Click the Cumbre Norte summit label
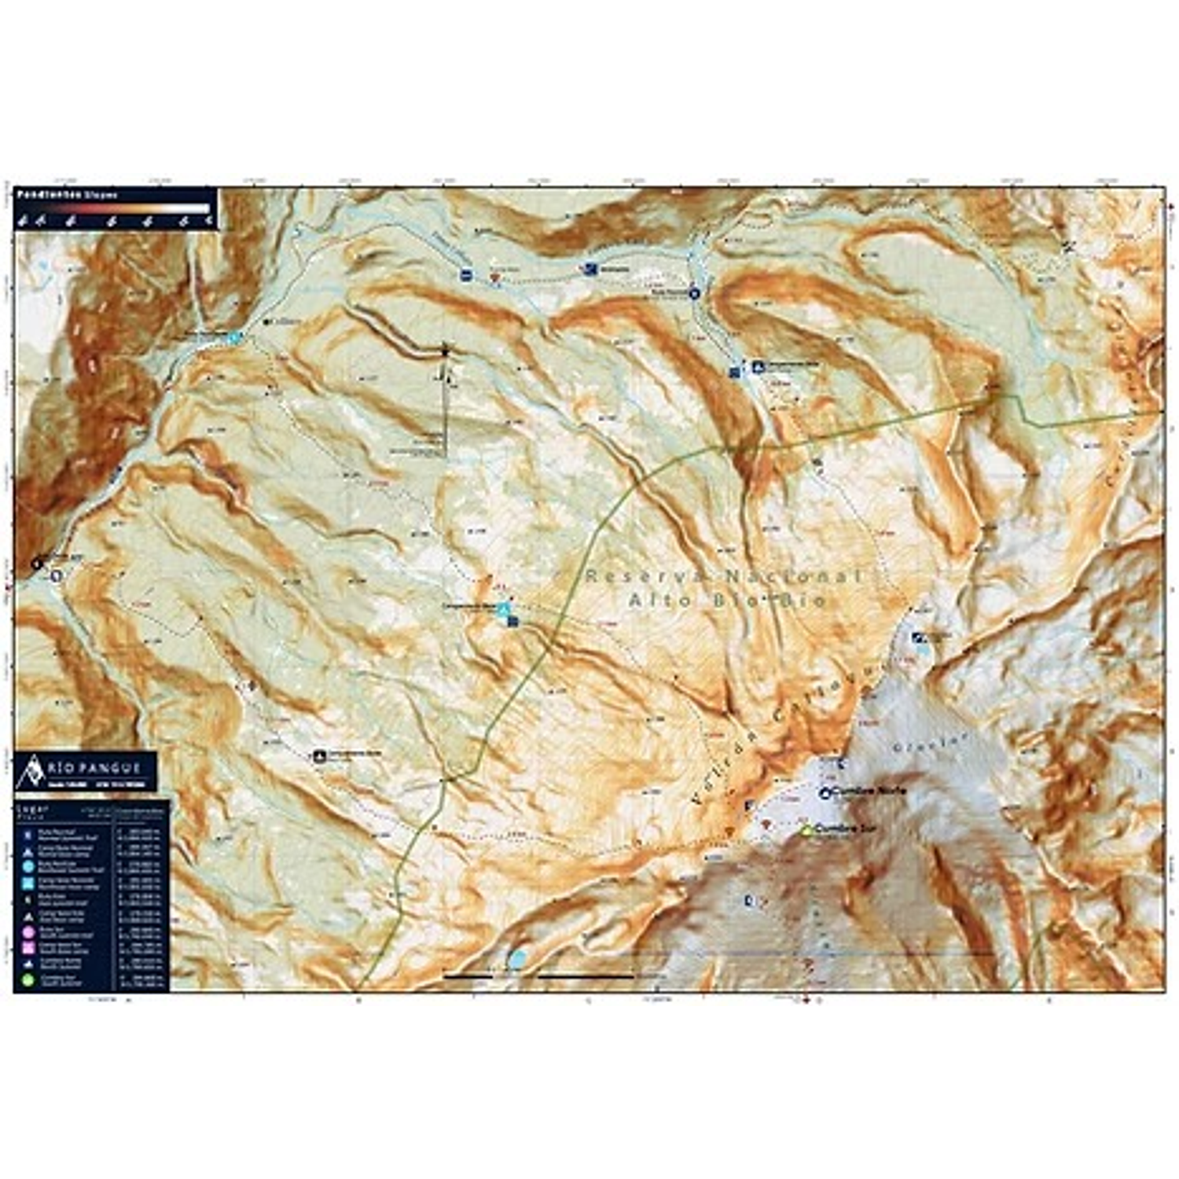[868, 791]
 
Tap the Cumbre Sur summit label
[844, 828]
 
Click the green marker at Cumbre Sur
[805, 830]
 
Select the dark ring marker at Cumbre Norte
[825, 793]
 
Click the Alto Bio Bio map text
[727, 601]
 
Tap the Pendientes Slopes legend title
[68, 194]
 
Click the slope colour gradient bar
[114, 209]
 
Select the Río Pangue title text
[92, 768]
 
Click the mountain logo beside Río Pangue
[32, 770]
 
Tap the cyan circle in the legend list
[28, 866]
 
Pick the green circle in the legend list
[28, 980]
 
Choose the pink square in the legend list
[28, 948]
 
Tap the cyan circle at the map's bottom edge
[517, 958]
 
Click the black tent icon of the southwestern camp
[319, 756]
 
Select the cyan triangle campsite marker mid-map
[505, 608]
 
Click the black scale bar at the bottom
[538, 976]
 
